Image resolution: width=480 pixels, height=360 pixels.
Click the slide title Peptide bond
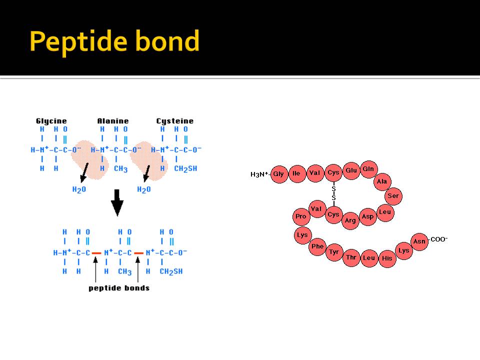(x=114, y=41)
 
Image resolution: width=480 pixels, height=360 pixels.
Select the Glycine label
(x=51, y=121)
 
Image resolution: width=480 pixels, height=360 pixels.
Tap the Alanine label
(x=112, y=121)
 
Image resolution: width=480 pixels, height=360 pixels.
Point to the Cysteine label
(x=174, y=121)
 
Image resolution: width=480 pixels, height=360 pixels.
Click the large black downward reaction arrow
(x=117, y=201)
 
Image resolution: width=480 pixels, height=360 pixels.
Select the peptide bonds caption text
(x=119, y=288)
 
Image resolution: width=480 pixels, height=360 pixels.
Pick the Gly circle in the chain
(x=278, y=174)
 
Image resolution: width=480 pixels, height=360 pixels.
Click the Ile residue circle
(x=296, y=173)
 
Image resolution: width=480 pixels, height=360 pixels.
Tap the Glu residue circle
(x=351, y=170)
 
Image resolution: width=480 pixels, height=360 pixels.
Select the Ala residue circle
(x=382, y=181)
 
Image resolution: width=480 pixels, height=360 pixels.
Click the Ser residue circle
(x=393, y=196)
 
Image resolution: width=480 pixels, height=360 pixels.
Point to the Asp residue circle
(x=367, y=216)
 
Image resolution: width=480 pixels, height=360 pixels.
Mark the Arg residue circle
(x=350, y=220)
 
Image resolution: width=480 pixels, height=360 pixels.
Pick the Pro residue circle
(x=300, y=216)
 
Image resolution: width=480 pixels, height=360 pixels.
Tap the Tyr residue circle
(x=333, y=252)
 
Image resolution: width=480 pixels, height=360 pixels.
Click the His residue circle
(x=387, y=258)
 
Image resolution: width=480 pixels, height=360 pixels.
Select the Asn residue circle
(x=419, y=241)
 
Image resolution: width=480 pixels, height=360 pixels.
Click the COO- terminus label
(x=439, y=239)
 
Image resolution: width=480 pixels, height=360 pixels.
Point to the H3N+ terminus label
(x=260, y=174)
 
